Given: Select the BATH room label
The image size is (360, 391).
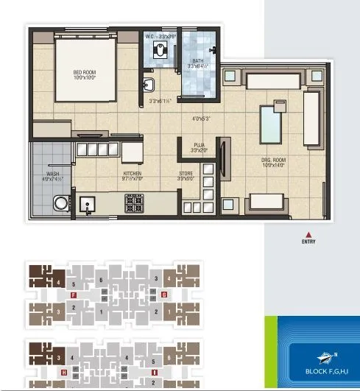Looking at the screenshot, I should click(x=197, y=63).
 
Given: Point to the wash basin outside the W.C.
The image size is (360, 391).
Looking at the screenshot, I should click(x=147, y=83).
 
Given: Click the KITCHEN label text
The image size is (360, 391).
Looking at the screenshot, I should click(x=133, y=176).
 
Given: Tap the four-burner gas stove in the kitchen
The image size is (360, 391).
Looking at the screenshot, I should click(x=135, y=203).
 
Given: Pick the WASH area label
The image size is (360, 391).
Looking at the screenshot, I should click(x=53, y=176).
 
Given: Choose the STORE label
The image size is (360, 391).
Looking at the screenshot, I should click(x=186, y=176).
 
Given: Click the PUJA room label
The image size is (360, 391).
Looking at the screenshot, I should click(x=199, y=147).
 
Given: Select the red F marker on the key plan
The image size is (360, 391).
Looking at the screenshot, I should click(x=74, y=295).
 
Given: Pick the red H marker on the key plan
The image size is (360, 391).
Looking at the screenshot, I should click(x=64, y=373).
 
